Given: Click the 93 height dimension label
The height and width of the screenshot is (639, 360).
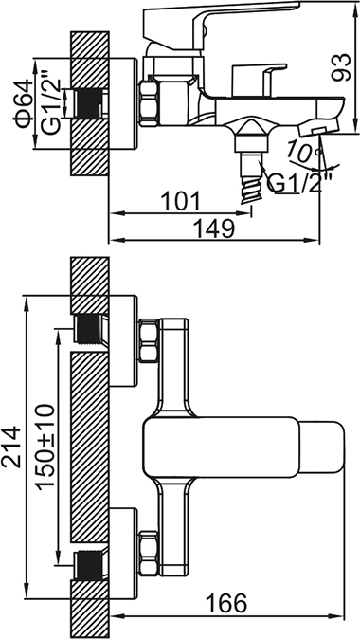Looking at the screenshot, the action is tap(341, 67).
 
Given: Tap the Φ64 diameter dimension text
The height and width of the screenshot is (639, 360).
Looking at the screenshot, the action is tap(24, 103).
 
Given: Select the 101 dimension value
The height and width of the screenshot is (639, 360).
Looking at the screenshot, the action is tap(180, 202).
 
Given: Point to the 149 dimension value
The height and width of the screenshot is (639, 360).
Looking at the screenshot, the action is tap(213, 228).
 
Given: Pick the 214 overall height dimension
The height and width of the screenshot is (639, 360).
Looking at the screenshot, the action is tap(11, 447).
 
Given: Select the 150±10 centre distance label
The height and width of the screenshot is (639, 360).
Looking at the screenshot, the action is tap(45, 446).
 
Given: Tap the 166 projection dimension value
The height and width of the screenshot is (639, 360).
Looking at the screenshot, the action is tap(226, 603).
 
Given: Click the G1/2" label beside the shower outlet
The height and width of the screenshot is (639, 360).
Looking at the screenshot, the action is tap(300, 183).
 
